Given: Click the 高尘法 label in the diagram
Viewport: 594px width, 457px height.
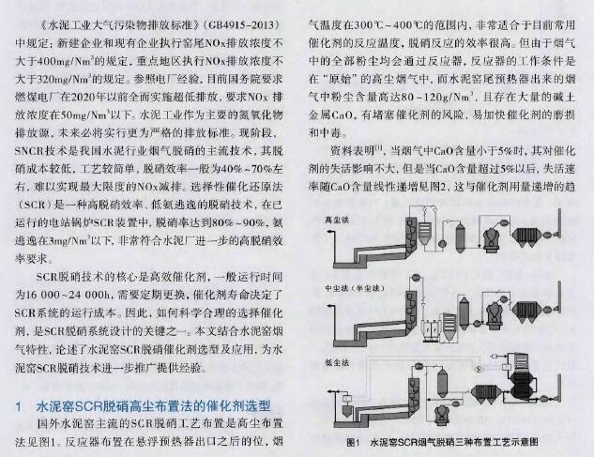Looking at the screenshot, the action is (x=337, y=220).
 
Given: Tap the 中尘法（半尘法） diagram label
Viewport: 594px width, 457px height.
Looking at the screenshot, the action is (x=356, y=288).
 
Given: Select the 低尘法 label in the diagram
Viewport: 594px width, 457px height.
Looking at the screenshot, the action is (x=337, y=362).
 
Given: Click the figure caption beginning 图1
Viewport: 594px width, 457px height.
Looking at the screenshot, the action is (x=442, y=442).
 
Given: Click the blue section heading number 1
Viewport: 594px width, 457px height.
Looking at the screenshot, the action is (x=19, y=406).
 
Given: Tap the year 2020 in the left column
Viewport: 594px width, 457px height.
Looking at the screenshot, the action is (x=84, y=97).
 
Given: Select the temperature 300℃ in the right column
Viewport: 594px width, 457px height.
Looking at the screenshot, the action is (x=369, y=25).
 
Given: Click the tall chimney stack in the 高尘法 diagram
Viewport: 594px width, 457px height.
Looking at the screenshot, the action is (x=559, y=223).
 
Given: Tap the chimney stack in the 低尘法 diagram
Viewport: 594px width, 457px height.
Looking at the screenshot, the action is (x=560, y=387).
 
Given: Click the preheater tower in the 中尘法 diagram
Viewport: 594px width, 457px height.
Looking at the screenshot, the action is (x=410, y=315).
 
